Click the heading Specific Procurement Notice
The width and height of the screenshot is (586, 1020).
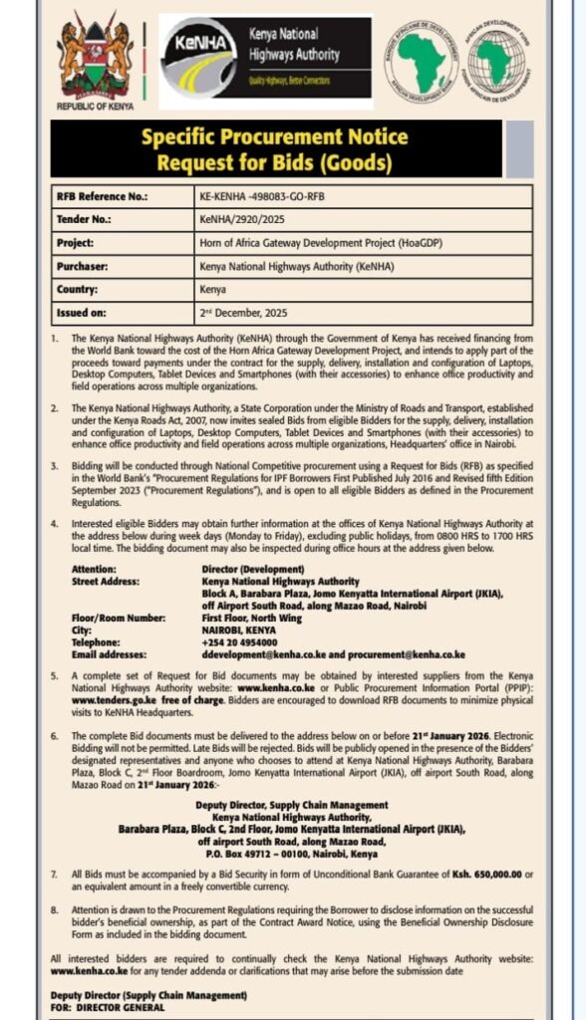tap(276, 137)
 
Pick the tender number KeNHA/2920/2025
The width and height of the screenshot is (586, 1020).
tap(244, 219)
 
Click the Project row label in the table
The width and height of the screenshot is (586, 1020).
tap(77, 242)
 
